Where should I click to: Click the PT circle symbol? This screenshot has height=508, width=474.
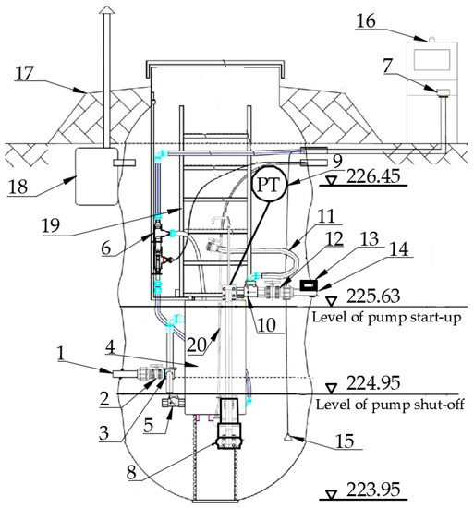(x=270, y=185)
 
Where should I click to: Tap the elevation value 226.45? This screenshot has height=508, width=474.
(x=373, y=176)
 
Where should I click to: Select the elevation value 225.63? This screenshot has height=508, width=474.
(x=373, y=296)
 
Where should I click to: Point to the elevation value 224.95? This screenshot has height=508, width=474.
(x=373, y=382)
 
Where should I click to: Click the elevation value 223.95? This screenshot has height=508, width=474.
(x=373, y=490)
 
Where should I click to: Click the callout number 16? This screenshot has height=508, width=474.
(x=366, y=21)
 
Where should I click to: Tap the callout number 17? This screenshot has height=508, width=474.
(x=24, y=73)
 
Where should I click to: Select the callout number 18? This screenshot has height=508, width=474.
(x=18, y=187)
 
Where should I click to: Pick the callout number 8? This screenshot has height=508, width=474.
(x=131, y=472)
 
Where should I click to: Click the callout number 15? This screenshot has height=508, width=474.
(x=345, y=441)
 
